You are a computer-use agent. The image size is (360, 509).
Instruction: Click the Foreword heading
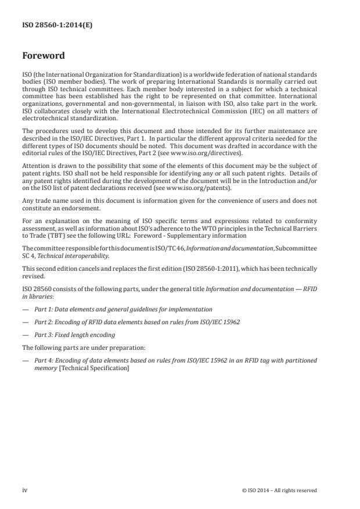tap(43, 56)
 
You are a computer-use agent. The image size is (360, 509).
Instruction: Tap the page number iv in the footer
tap(25, 490)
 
